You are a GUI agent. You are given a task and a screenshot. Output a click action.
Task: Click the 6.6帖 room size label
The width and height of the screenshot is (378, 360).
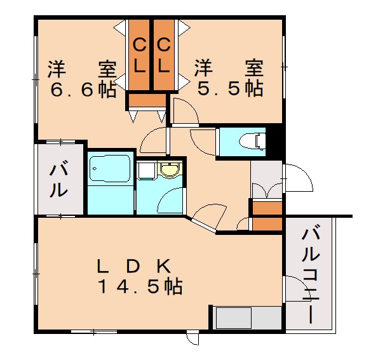pyautogui.click(x=83, y=90)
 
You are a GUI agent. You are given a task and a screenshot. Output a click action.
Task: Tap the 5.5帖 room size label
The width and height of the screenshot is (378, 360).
pyautogui.click(x=229, y=90)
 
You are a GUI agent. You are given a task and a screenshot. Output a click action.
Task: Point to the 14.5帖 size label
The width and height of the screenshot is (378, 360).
pyautogui.click(x=140, y=286)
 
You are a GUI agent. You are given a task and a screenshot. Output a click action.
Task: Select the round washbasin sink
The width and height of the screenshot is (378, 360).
pyautogui.click(x=169, y=170)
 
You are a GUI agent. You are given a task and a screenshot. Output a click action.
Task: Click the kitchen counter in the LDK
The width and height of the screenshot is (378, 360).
pyautogui.click(x=245, y=317)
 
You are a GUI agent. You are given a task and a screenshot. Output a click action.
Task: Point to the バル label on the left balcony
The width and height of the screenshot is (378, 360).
pyautogui.click(x=59, y=180)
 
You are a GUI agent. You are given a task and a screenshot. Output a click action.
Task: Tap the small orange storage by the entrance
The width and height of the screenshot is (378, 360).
pyautogui.click(x=266, y=215)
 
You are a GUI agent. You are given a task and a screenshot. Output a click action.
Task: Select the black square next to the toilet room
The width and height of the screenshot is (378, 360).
pyautogui.click(x=274, y=140)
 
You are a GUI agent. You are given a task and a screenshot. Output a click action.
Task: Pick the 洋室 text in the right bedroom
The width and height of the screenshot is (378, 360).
pyautogui.click(x=229, y=67)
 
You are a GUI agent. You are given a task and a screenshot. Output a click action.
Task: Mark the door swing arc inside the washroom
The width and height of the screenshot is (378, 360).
pyautogui.click(x=169, y=203)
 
